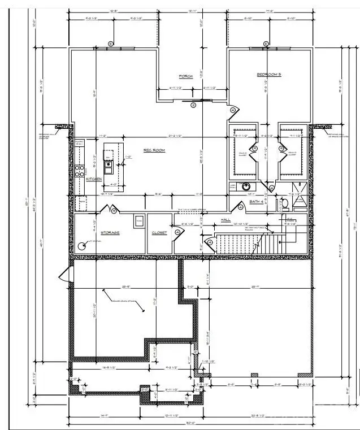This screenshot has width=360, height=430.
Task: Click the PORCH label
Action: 186,77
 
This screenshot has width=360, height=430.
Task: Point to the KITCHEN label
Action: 94,179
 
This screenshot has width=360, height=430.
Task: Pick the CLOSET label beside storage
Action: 159,233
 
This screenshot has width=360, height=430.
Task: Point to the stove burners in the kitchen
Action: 80,170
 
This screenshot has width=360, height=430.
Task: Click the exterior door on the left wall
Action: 65,276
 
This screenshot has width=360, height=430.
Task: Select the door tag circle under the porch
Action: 193,105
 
